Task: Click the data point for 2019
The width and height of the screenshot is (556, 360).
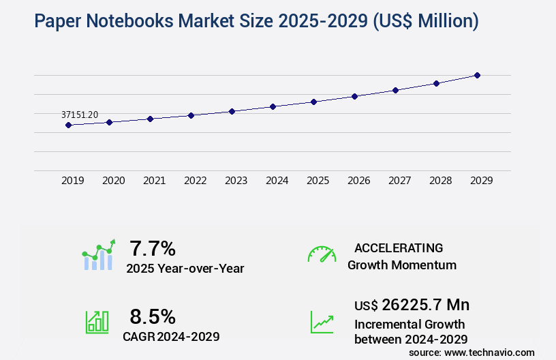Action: click(x=68, y=125)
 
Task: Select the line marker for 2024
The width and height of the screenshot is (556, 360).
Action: click(x=273, y=106)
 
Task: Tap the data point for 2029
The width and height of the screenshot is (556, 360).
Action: click(x=477, y=75)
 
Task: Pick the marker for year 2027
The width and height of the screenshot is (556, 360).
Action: click(x=395, y=90)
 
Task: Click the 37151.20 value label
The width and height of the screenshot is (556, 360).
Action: click(x=80, y=115)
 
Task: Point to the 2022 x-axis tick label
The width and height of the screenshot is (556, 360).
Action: click(x=195, y=181)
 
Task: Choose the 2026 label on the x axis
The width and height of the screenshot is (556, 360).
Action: click(x=358, y=181)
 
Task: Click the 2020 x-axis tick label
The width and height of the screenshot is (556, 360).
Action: click(x=113, y=181)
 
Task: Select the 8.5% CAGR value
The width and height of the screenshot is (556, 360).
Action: click(x=153, y=316)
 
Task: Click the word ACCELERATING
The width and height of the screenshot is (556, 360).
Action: click(x=399, y=248)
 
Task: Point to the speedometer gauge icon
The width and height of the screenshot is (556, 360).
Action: click(x=322, y=254)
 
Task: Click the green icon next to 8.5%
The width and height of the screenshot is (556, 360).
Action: click(x=97, y=322)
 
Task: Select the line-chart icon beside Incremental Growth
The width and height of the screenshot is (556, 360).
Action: click(x=322, y=322)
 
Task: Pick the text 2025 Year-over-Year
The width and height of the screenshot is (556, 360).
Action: click(x=185, y=269)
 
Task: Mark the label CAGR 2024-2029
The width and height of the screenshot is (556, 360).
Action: click(x=171, y=336)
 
